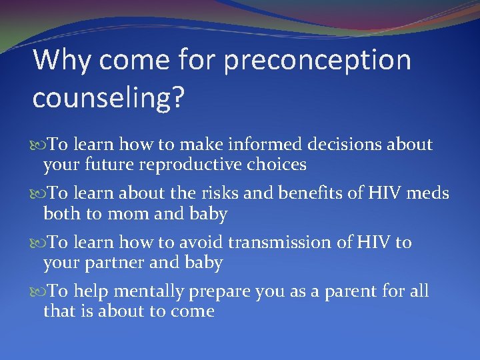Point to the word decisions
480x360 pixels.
(338, 145)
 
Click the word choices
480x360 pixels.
(278, 164)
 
